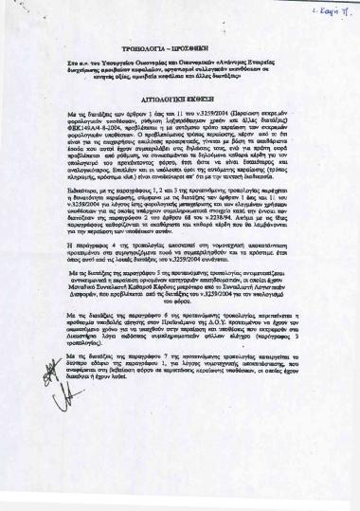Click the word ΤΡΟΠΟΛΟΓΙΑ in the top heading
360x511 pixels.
click(155, 72)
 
